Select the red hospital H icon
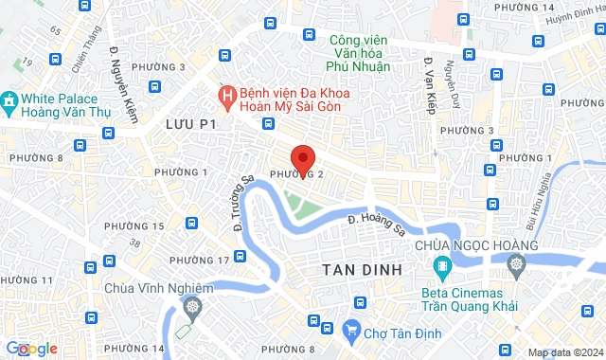click(227, 95)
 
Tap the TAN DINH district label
click(361, 271)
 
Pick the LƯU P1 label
click(191, 124)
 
